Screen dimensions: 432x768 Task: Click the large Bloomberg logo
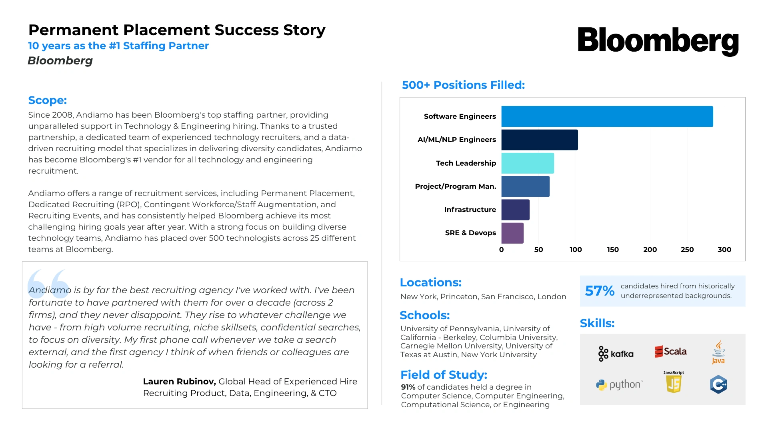coord(658,40)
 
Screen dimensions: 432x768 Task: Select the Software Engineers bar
coord(607,116)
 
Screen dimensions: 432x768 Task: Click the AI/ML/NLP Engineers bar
coord(539,140)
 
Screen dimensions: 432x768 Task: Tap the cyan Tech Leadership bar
coord(527,163)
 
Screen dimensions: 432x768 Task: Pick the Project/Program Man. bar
coord(525,186)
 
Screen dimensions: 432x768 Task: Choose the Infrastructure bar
coord(515,210)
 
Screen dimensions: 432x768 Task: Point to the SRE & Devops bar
coord(512,233)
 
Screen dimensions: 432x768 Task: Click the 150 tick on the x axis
coord(612,250)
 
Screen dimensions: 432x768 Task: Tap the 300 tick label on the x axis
coord(724,250)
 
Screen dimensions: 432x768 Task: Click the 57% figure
coord(599,291)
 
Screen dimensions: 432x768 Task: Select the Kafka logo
coord(616,354)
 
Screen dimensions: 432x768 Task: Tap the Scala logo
coord(670,352)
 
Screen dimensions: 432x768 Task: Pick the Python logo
coord(619,385)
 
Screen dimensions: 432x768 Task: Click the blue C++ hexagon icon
coord(718,385)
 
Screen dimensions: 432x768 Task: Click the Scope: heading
coord(47,100)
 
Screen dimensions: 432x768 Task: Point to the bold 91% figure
coord(408,387)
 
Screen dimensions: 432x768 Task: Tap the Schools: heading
coord(424,315)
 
